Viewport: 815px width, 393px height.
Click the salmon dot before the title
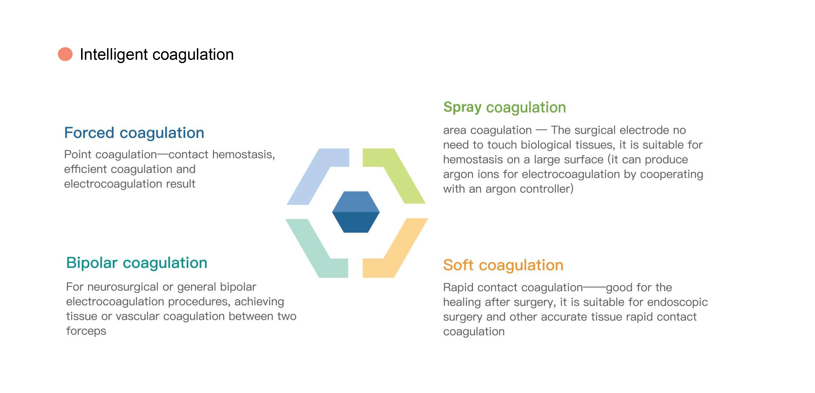click(x=65, y=54)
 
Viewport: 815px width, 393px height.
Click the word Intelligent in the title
click(x=114, y=54)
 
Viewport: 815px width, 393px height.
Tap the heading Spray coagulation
click(x=504, y=107)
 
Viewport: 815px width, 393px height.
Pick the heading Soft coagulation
click(x=503, y=265)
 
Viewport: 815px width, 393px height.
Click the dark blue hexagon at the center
click(x=356, y=212)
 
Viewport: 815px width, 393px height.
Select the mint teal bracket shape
click(x=313, y=250)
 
